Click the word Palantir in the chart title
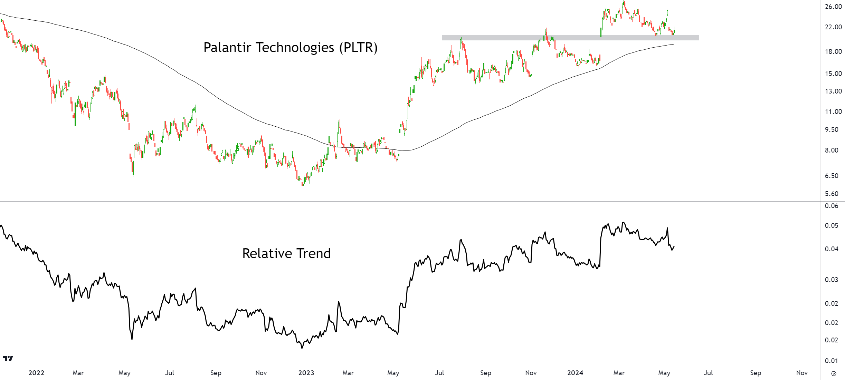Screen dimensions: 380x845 point(227,48)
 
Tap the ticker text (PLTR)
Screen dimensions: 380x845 point(358,48)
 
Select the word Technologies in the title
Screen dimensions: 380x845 point(295,48)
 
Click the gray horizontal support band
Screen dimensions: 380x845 point(570,38)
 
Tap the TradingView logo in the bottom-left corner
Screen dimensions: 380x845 point(8,358)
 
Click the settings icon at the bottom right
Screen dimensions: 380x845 point(834,373)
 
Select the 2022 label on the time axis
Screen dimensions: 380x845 point(36,373)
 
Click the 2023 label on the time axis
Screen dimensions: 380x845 point(306,373)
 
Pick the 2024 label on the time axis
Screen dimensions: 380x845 point(575,373)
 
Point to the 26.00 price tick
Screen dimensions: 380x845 point(833,7)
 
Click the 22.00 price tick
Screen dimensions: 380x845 point(833,27)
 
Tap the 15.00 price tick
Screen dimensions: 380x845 point(833,74)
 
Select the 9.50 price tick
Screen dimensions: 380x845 point(832,129)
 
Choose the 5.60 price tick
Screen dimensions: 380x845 point(832,194)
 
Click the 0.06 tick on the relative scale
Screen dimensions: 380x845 point(832,206)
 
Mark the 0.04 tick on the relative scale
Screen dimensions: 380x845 point(832,249)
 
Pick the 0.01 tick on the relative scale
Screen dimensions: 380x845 point(832,361)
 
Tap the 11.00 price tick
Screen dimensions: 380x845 point(833,111)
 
